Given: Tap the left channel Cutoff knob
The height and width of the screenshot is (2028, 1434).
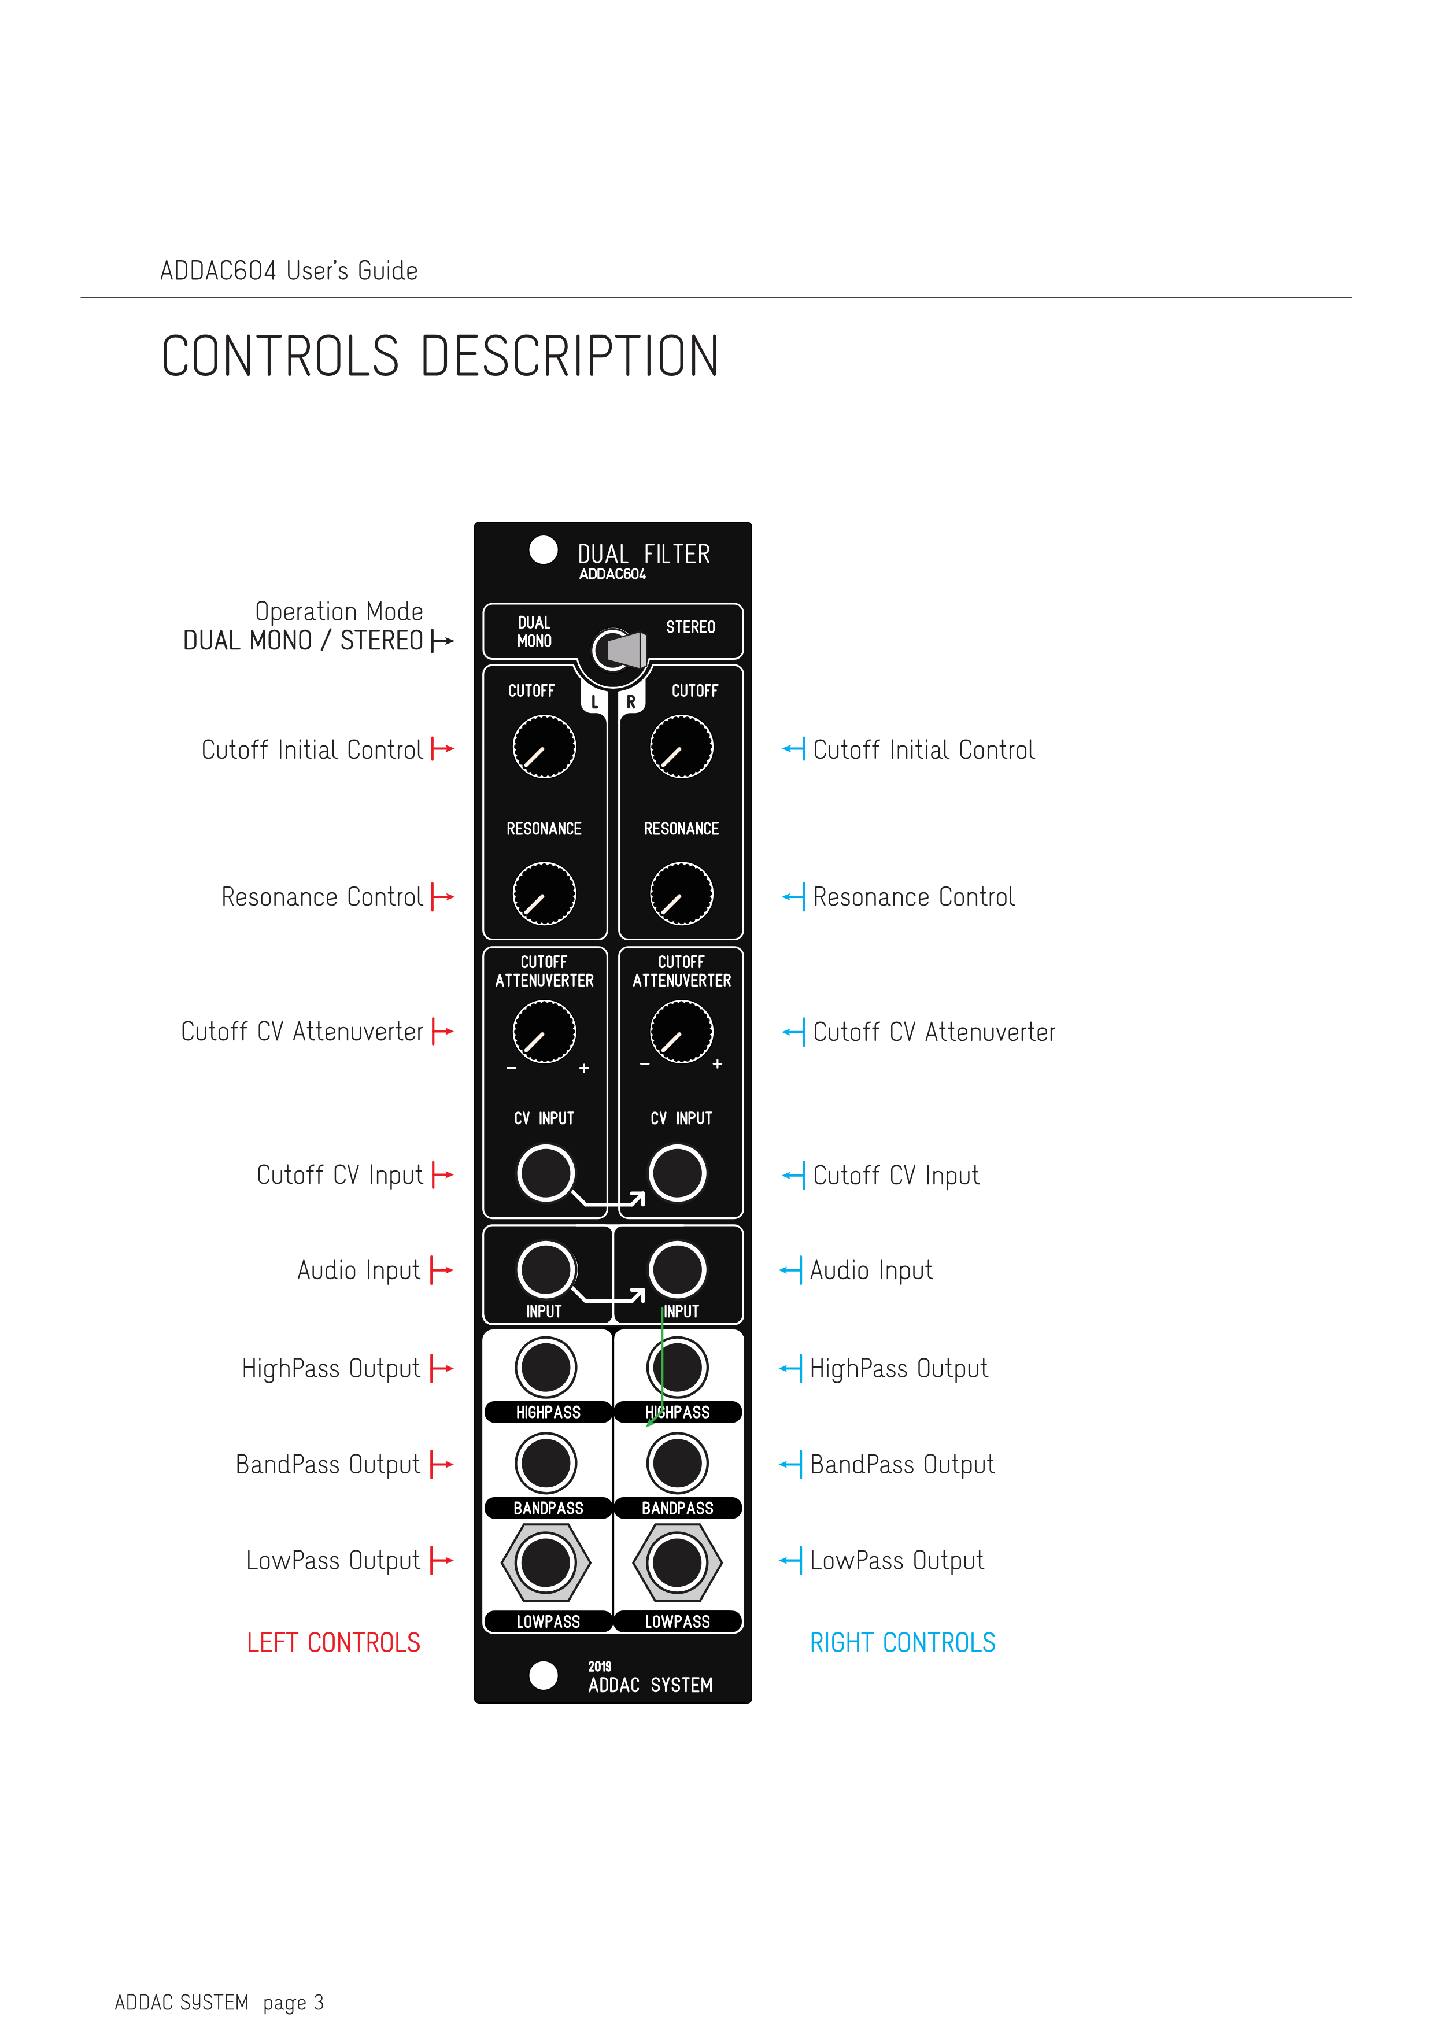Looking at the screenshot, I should click(x=544, y=747).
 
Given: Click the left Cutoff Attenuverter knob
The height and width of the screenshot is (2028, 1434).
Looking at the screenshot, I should click(x=544, y=1032).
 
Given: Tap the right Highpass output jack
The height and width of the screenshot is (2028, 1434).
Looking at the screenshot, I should click(x=677, y=1367).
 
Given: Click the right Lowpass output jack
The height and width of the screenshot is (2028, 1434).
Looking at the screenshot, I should click(x=677, y=1562).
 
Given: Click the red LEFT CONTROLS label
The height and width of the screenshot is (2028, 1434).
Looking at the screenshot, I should click(x=333, y=1643).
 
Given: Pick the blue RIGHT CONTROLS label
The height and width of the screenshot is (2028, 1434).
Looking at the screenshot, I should click(x=903, y=1643).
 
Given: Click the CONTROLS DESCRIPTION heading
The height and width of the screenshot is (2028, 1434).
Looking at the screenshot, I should click(x=439, y=356).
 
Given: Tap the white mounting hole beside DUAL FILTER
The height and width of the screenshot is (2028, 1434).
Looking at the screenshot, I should click(x=543, y=549).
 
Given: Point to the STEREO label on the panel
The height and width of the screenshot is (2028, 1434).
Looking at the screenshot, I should click(x=690, y=627).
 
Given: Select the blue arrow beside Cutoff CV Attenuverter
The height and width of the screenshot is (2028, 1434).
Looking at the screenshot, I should click(x=793, y=1032).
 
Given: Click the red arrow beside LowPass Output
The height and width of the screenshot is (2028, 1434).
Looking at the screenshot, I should click(x=442, y=1561).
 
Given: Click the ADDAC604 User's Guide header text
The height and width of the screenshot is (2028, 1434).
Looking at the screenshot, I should click(x=289, y=270).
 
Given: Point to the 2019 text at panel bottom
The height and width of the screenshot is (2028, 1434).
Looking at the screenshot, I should click(x=600, y=1667).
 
